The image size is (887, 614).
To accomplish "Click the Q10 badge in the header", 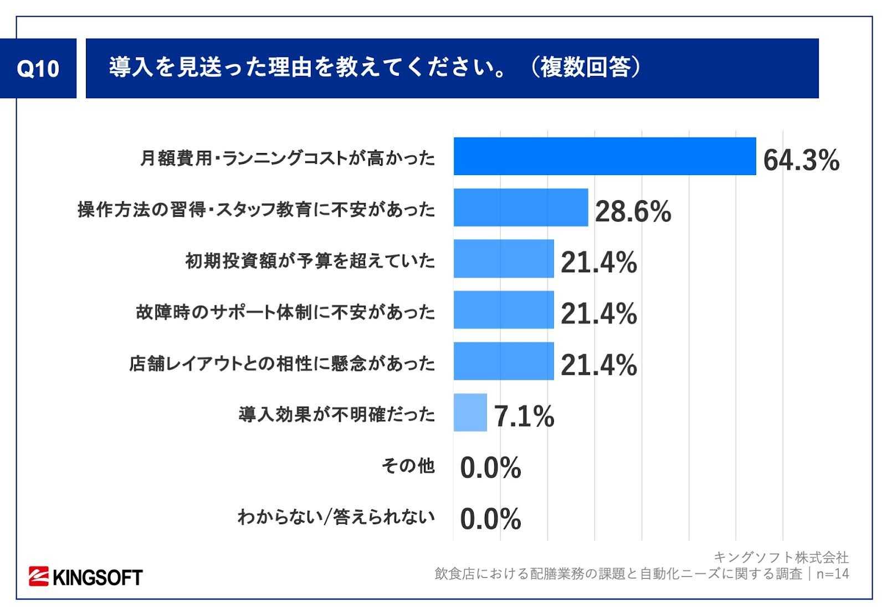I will click(x=38, y=69).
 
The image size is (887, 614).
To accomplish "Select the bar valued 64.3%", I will click(x=604, y=156).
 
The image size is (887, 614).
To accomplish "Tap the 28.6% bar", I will click(x=520, y=207).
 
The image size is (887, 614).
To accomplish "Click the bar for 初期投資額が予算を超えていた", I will click(x=503, y=259).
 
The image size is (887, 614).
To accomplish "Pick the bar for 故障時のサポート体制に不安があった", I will click(x=503, y=310).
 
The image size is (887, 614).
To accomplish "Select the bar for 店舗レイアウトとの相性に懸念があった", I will click(x=503, y=361).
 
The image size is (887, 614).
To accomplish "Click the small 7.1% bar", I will click(x=470, y=412).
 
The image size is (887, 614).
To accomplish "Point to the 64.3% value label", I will click(x=801, y=160).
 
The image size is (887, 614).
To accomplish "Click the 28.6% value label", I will click(x=633, y=211).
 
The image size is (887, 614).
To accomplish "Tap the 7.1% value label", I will click(x=524, y=416).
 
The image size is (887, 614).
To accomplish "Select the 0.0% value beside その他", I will click(x=490, y=468).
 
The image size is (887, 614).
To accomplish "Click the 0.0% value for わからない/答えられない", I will click(x=490, y=519).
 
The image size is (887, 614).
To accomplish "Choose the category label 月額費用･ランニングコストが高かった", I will click(x=288, y=158).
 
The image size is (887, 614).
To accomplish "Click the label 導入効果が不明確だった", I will click(x=337, y=415).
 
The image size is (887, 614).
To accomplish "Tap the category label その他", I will click(x=408, y=466).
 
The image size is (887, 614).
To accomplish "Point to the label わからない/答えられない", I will click(x=336, y=517).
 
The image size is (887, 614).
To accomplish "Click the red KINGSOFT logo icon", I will click(x=39, y=577).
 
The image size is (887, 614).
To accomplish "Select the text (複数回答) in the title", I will click(x=584, y=68).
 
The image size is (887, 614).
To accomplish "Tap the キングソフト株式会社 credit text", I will click(x=781, y=557).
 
